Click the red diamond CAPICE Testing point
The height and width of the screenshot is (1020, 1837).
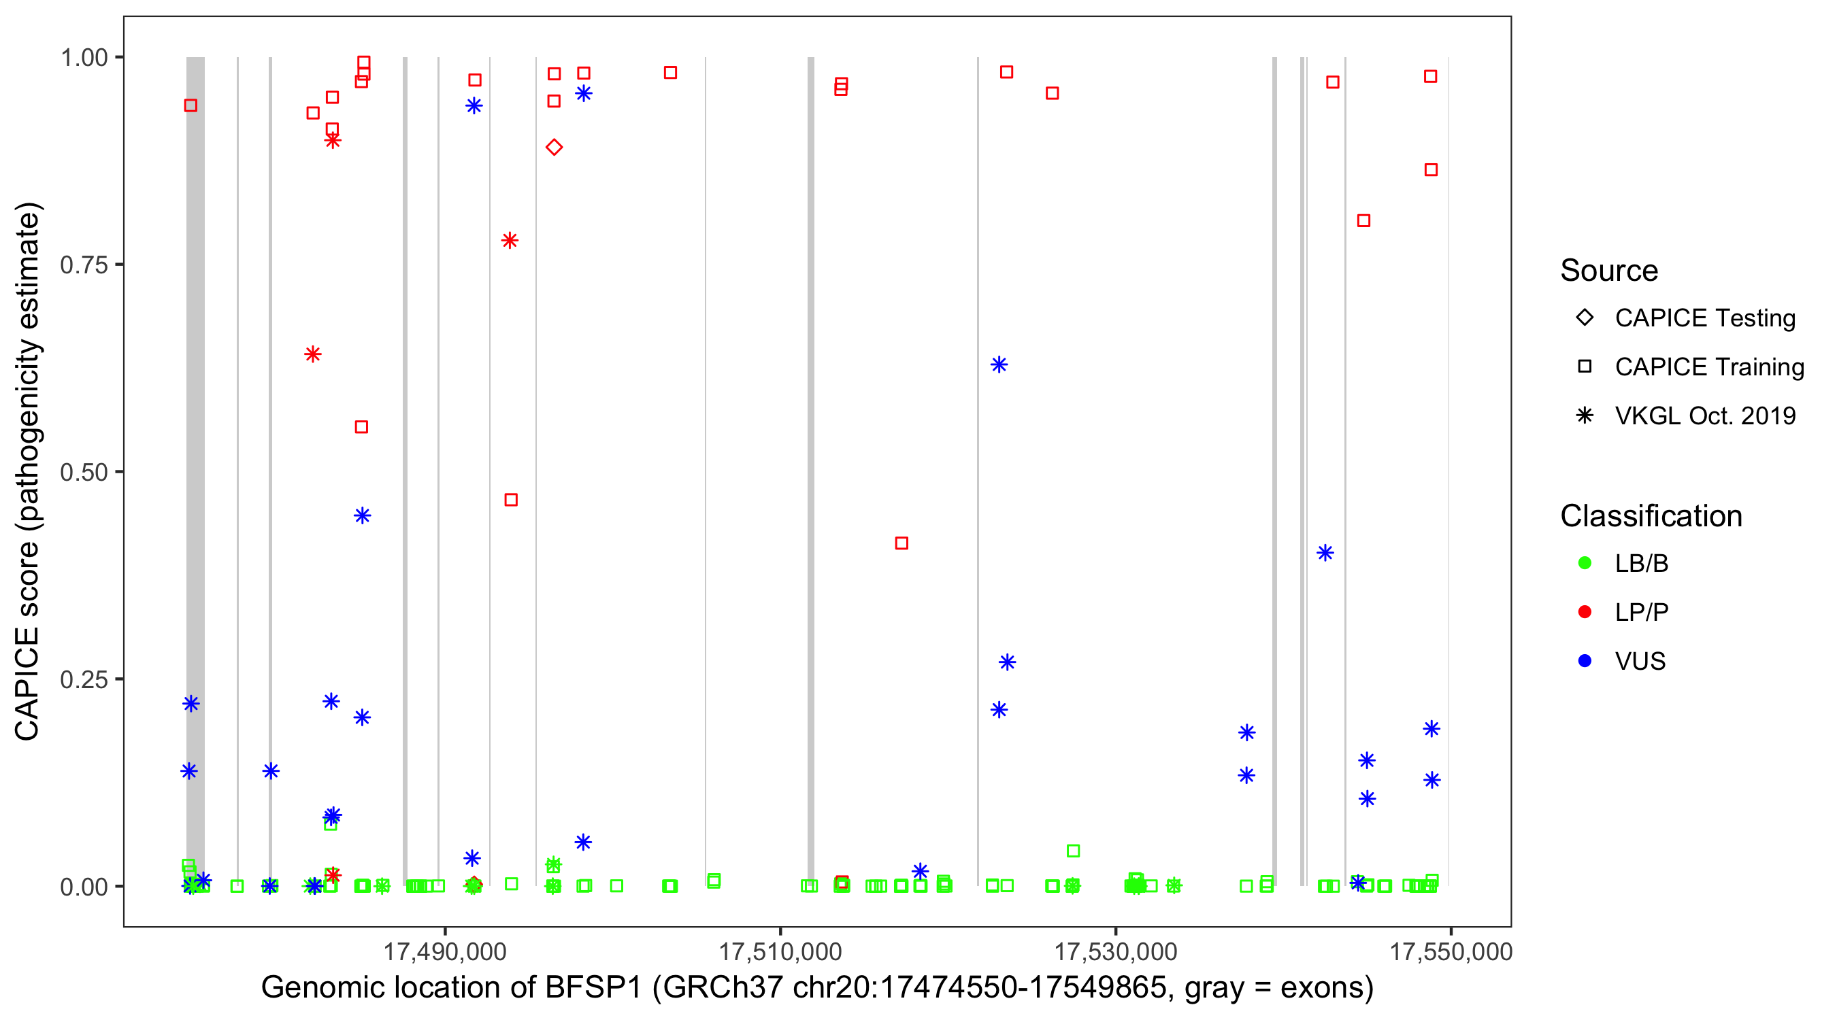[x=554, y=148]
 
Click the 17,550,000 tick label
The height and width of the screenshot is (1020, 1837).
[x=1451, y=951]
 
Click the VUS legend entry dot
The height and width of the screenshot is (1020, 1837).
[x=1585, y=661]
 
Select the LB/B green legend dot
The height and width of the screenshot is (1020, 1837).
[x=1585, y=563]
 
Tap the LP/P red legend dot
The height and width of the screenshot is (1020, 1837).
[x=1585, y=612]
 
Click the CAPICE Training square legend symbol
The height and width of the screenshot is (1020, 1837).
[x=1585, y=367]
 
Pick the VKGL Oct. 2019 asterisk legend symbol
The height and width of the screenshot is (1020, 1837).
[x=1585, y=415]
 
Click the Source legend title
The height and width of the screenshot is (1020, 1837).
[x=1609, y=271]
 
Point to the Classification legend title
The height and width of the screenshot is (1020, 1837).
[x=1651, y=516]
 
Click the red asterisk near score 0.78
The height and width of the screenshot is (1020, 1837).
[x=509, y=240]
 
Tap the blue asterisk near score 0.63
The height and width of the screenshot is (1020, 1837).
[x=999, y=365]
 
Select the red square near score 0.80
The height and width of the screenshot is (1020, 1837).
[x=1363, y=221]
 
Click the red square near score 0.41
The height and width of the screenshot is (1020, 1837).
[x=901, y=543]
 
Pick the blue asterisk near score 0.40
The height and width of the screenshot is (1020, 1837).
[x=1325, y=553]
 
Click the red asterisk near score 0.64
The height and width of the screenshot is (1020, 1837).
[x=312, y=354]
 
